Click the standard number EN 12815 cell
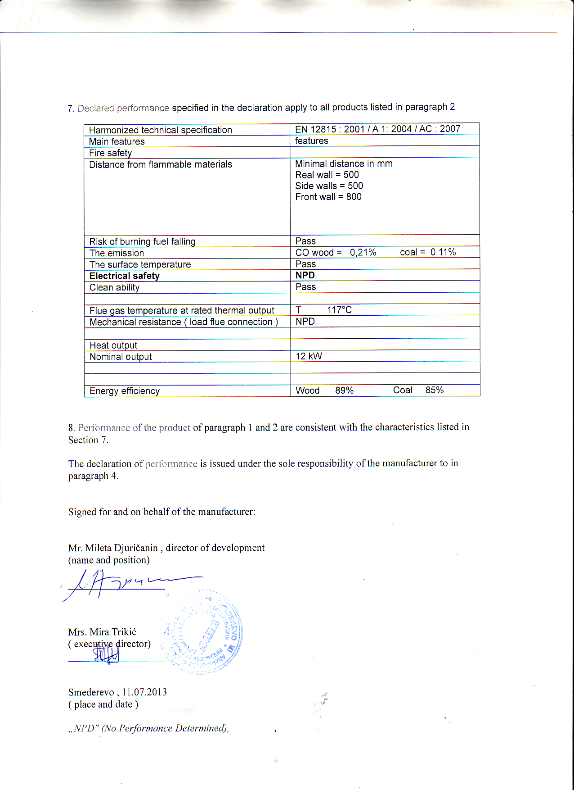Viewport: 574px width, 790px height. (x=377, y=129)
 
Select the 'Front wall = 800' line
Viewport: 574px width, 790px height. (x=328, y=197)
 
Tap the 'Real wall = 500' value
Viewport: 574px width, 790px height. (x=327, y=175)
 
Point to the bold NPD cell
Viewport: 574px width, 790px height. (x=305, y=275)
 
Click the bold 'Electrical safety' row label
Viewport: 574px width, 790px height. (x=125, y=276)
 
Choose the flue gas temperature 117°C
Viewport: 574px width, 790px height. (x=339, y=310)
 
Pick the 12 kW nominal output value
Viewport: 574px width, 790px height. (x=309, y=356)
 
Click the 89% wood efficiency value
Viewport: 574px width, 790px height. (x=344, y=390)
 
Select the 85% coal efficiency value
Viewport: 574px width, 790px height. (x=434, y=390)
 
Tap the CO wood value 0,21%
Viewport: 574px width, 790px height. (x=363, y=252)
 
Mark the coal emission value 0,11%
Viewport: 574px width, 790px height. (x=443, y=252)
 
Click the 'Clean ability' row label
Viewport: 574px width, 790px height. (x=114, y=287)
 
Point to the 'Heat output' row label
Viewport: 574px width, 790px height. (x=113, y=345)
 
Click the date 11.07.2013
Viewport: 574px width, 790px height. (x=144, y=692)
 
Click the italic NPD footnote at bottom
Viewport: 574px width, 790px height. (x=148, y=728)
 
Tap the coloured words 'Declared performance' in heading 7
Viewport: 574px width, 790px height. (x=123, y=108)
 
